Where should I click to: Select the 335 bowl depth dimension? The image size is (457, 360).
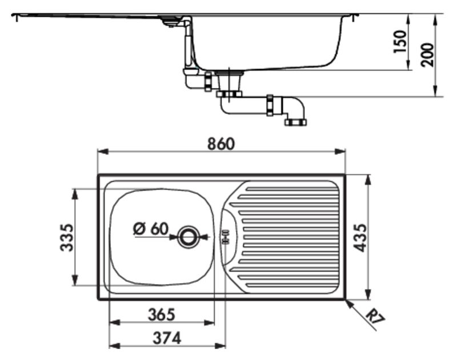point(66,237)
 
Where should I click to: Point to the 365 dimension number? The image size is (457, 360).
point(162,314)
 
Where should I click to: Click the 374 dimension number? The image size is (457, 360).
point(167,338)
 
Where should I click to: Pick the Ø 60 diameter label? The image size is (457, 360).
point(151,229)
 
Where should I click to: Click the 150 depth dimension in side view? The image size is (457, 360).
point(399,41)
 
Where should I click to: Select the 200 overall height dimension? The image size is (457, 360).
point(427,55)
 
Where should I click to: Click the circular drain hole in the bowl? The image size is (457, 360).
point(189,237)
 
